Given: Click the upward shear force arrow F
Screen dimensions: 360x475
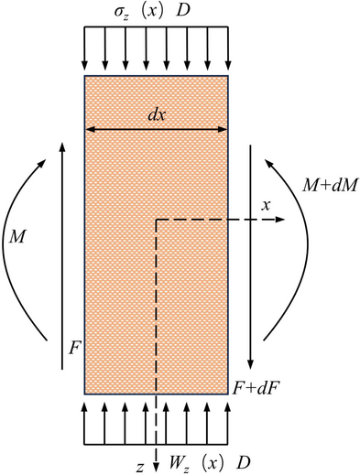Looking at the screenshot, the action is [62, 256].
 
